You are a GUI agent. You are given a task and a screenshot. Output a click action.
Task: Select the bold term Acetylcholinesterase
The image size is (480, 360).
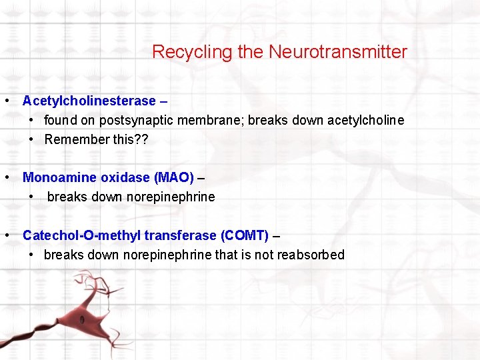(89, 101)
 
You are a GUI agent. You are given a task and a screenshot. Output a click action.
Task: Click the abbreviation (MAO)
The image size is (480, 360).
(174, 178)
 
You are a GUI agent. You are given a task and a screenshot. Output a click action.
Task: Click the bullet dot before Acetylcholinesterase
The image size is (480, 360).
(6, 101)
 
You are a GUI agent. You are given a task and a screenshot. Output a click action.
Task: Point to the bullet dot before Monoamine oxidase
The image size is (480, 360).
(6, 178)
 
